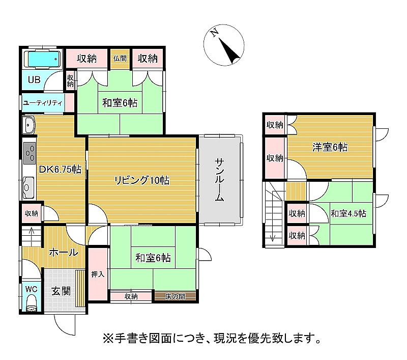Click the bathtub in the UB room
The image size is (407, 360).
(x=42, y=59)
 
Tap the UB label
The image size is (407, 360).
(x=34, y=79)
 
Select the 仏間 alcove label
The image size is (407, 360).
(x=120, y=59)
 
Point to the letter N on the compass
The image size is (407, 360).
(x=214, y=33)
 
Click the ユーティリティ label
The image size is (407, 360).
(x=43, y=103)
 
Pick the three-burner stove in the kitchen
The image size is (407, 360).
(x=30, y=153)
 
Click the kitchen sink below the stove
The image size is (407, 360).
(x=28, y=187)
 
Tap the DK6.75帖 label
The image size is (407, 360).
(x=60, y=170)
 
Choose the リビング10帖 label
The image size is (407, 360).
(x=142, y=180)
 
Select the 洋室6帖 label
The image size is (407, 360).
(x=330, y=147)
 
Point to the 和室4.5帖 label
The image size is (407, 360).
(x=348, y=213)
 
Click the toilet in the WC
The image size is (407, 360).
(x=32, y=303)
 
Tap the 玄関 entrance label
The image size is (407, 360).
(x=61, y=291)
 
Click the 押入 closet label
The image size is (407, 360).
(x=98, y=274)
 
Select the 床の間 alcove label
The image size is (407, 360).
(x=175, y=296)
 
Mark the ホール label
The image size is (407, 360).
(x=64, y=252)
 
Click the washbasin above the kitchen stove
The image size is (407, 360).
(x=28, y=125)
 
